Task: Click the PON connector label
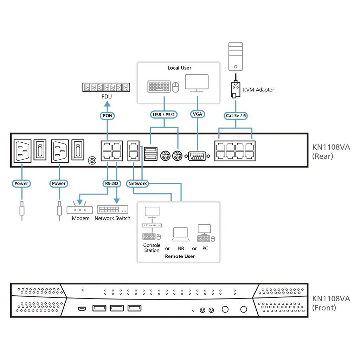[107, 115]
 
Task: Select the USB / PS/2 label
[164, 115]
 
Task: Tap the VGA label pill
[198, 114]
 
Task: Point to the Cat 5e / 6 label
[236, 115]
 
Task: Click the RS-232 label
[111, 184]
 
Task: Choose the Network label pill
[137, 184]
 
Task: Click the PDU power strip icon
[106, 88]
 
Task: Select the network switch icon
[112, 210]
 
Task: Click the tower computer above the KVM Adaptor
[236, 57]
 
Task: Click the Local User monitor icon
[197, 83]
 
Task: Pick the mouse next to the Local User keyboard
[176, 88]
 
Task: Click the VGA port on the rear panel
[197, 156]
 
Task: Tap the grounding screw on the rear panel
[92, 160]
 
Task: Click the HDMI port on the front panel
[82, 309]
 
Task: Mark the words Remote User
[180, 256]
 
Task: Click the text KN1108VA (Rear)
[331, 152]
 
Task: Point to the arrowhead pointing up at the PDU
[107, 104]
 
